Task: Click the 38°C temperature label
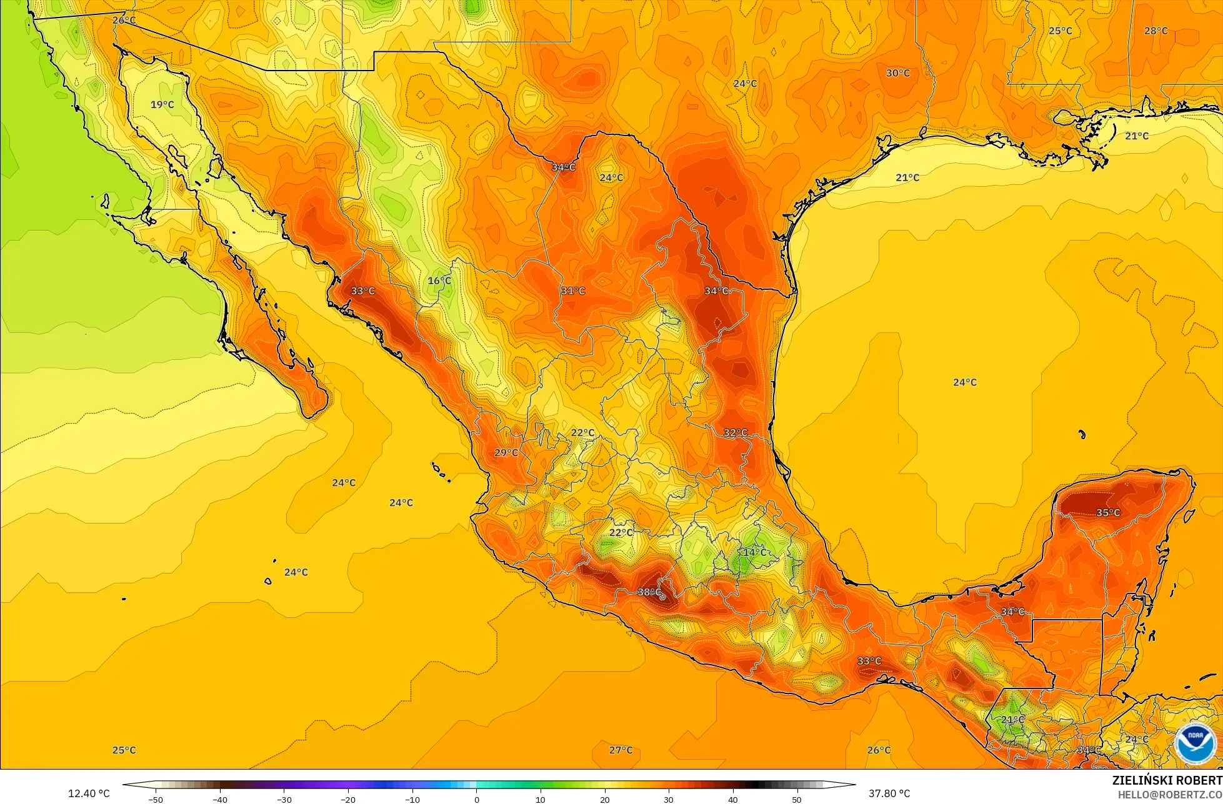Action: [649, 592]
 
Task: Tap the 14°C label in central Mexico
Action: [754, 552]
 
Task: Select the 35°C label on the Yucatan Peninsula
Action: [1108, 512]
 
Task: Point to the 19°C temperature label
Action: [162, 104]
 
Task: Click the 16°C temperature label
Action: [439, 280]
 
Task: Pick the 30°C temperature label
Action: [897, 73]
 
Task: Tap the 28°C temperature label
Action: [1156, 31]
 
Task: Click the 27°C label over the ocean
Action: [621, 750]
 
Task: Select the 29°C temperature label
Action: [506, 452]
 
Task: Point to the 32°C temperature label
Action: [735, 432]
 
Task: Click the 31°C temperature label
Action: [572, 290]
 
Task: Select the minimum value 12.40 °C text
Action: [89, 793]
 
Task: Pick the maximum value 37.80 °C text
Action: [889, 793]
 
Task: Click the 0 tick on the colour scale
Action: [476, 799]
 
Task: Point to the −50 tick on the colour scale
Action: [155, 799]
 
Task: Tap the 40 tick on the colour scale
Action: [732, 799]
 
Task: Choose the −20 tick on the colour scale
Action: [348, 799]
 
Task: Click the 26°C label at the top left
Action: [124, 20]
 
